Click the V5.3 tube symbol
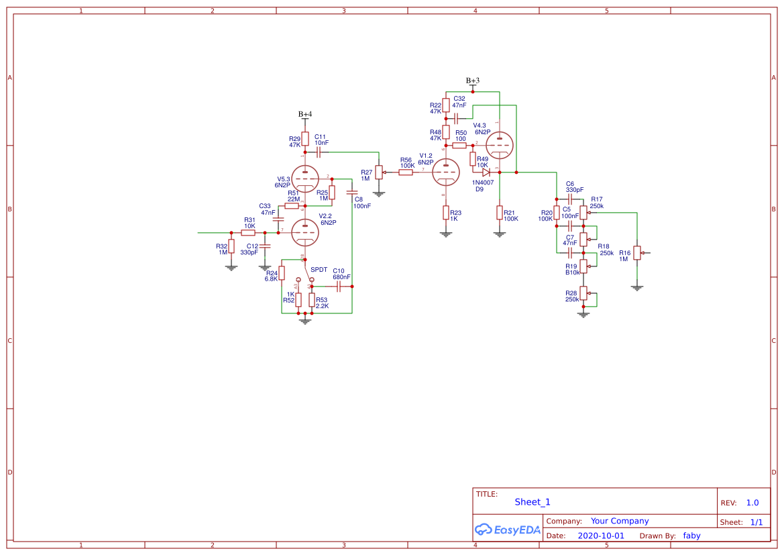[305, 179]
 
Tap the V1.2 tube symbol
[445, 173]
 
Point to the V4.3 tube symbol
[499, 143]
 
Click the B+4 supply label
[305, 115]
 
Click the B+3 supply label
[473, 81]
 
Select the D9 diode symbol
[486, 172]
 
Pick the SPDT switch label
[319, 270]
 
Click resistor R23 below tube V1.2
[445, 213]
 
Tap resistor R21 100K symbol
[499, 213]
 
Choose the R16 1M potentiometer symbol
[637, 254]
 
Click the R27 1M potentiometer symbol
[378, 172]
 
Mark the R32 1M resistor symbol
[231, 247]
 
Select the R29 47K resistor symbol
[305, 139]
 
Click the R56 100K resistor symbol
[406, 172]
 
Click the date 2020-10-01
[600, 536]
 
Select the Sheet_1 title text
[533, 502]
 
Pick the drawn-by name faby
[692, 536]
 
